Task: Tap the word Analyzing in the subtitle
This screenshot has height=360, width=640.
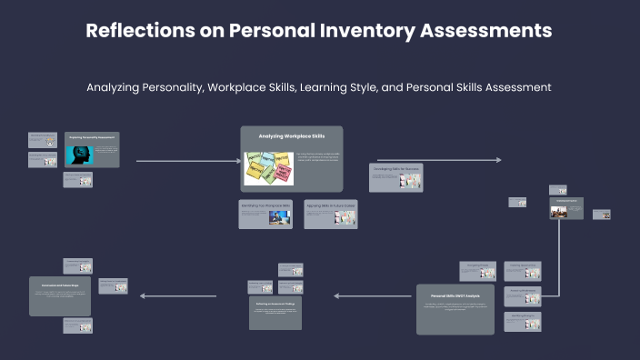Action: click(115, 88)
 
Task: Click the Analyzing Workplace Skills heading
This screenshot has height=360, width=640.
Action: click(291, 136)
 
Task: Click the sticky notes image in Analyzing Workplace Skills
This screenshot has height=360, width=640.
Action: click(269, 167)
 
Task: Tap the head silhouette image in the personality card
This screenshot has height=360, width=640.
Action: click(77, 155)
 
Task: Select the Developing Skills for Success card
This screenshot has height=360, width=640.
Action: click(395, 177)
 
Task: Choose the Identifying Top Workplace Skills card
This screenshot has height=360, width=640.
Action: click(265, 214)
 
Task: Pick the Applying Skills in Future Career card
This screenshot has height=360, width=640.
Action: click(330, 214)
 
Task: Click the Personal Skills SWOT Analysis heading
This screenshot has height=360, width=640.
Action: click(455, 296)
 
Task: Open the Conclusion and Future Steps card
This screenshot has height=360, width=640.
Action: click(60, 296)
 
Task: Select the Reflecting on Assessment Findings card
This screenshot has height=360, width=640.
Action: click(275, 312)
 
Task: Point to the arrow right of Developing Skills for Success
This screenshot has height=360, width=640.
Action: click(465, 160)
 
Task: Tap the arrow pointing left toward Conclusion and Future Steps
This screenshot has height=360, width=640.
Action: click(178, 295)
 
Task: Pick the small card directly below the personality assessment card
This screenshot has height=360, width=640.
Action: click(77, 180)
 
